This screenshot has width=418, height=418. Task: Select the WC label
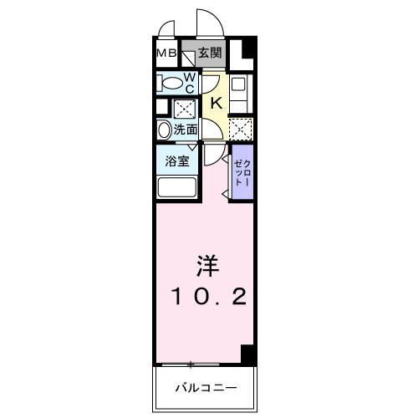point(191,82)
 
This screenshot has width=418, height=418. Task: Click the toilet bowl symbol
point(171,83)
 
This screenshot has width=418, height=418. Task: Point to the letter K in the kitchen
point(215,103)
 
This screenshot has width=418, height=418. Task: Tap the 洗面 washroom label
point(186,130)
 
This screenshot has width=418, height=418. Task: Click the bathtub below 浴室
point(176,187)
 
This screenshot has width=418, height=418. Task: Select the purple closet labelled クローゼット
point(240,171)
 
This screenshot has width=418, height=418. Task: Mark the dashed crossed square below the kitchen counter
point(240,130)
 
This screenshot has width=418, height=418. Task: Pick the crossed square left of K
point(184,108)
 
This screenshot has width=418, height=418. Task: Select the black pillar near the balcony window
point(248,354)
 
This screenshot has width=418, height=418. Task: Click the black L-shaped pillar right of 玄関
point(244,55)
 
